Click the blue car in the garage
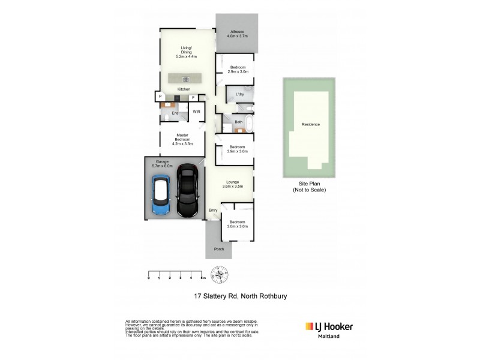161,196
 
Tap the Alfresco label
238,34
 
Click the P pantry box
160,97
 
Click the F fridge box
194,97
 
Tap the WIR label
196,112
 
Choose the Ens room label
175,113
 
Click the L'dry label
239,94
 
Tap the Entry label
212,210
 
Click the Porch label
218,249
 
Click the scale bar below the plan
176,275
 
